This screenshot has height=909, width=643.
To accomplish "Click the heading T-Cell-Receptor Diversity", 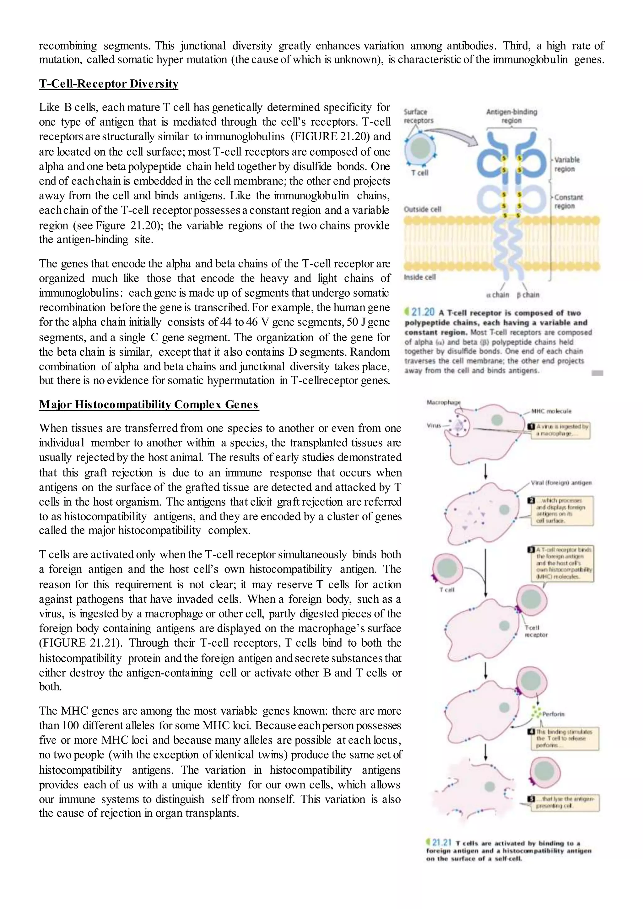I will click(109, 83).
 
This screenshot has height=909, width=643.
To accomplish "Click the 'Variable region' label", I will click(567, 164).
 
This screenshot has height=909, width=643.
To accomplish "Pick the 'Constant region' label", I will click(568, 202).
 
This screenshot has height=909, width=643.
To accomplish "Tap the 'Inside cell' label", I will click(419, 277).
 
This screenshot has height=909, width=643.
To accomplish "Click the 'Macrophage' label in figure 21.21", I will click(443, 402).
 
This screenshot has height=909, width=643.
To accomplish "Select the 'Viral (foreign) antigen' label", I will click(561, 483).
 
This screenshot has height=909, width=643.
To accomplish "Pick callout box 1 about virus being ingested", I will click(560, 430).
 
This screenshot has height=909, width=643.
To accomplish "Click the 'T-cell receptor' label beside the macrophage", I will click(536, 631).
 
